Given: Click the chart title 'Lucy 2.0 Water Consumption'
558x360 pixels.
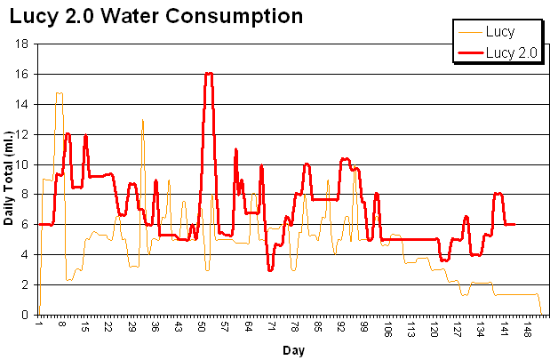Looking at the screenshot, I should tap(155, 16).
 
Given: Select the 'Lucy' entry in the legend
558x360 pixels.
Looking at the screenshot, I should tap(500, 32).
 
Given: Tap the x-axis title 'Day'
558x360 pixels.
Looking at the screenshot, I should tap(293, 350).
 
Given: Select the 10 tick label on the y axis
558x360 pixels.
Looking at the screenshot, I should tap(24, 164).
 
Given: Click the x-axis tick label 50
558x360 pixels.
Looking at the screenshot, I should tap(202, 328).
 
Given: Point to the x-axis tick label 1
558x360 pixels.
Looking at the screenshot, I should tap(39, 326).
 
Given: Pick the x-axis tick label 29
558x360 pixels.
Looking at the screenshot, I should tap(132, 328).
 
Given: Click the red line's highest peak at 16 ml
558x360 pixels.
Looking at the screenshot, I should tap(209, 74).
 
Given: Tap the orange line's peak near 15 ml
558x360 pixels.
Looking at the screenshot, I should tap(59, 92).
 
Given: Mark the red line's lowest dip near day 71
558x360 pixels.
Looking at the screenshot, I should tap(270, 269).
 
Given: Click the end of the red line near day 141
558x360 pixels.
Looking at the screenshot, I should tap(514, 224).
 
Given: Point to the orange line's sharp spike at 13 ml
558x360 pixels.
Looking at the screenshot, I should tap(142, 119).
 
